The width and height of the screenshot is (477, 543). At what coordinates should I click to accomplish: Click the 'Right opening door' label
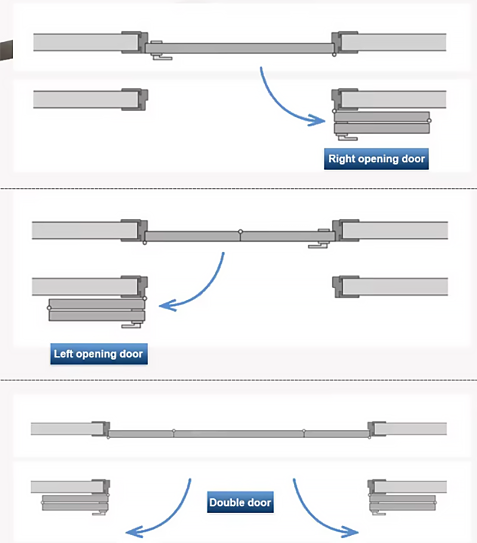376,159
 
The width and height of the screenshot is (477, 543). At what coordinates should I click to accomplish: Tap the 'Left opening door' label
99,354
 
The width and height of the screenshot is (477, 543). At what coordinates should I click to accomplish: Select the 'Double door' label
240,502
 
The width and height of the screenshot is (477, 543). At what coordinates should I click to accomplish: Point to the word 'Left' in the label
63,354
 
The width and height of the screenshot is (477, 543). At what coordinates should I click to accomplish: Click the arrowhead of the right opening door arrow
318,120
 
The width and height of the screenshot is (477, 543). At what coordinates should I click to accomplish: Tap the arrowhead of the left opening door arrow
167,305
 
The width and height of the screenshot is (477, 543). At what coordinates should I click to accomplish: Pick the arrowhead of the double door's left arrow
134,532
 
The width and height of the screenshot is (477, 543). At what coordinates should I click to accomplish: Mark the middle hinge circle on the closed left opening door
240,232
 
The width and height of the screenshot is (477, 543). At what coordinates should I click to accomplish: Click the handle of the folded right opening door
347,138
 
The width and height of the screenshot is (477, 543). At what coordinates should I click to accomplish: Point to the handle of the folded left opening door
131,325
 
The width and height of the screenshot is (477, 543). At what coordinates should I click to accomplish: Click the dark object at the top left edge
6,50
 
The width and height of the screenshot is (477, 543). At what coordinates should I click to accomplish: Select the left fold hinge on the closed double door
174,431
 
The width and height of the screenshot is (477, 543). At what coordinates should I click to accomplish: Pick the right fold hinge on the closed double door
304,431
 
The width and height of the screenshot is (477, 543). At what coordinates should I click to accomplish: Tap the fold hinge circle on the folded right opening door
429,120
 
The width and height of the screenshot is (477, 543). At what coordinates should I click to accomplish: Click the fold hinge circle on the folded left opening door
49,307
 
